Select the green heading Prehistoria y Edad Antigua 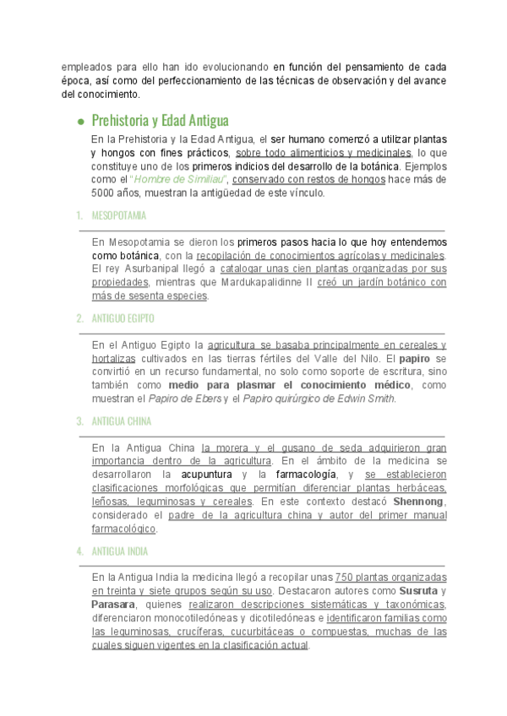(x=160, y=120)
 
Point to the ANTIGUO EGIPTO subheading (x=123, y=318)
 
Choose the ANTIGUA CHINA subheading (x=119, y=420)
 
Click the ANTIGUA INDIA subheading (x=118, y=551)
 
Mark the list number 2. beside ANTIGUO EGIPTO (x=79, y=318)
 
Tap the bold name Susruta (x=418, y=590)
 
